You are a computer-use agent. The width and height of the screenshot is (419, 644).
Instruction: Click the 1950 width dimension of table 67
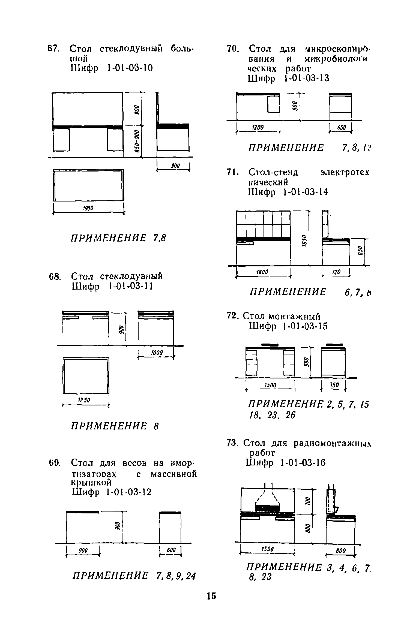(88, 208)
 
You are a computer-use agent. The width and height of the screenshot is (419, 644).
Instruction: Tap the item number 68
(54, 277)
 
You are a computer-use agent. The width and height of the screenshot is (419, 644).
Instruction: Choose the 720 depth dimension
(335, 272)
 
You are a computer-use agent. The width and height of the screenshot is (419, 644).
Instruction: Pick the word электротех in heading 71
(346, 172)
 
